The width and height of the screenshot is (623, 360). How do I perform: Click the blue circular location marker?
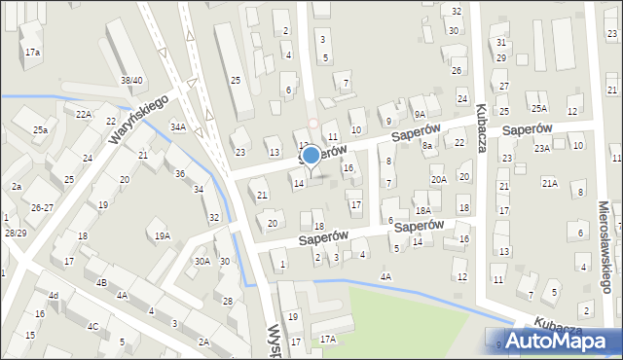point(311,155)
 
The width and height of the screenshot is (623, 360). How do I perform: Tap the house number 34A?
point(177,126)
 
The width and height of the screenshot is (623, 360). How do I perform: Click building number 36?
point(179,173)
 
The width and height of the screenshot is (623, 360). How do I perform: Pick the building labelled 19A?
point(163,235)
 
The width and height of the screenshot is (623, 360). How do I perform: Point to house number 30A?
point(202,261)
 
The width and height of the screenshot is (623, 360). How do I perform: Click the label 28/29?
point(15,233)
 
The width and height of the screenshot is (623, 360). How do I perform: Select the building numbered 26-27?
point(42,207)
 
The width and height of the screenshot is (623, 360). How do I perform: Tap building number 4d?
point(54,295)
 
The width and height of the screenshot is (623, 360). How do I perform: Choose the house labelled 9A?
point(419,100)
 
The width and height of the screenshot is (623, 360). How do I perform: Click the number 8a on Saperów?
point(426,145)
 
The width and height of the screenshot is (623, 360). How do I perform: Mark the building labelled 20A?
point(439,179)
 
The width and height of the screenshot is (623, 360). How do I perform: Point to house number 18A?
point(422,210)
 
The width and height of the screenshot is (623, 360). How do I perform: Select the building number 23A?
point(542,148)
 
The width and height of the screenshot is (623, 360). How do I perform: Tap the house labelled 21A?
point(550,183)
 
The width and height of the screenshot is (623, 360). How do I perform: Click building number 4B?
point(101,282)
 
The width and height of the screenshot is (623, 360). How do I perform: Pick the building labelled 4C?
point(92,326)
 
